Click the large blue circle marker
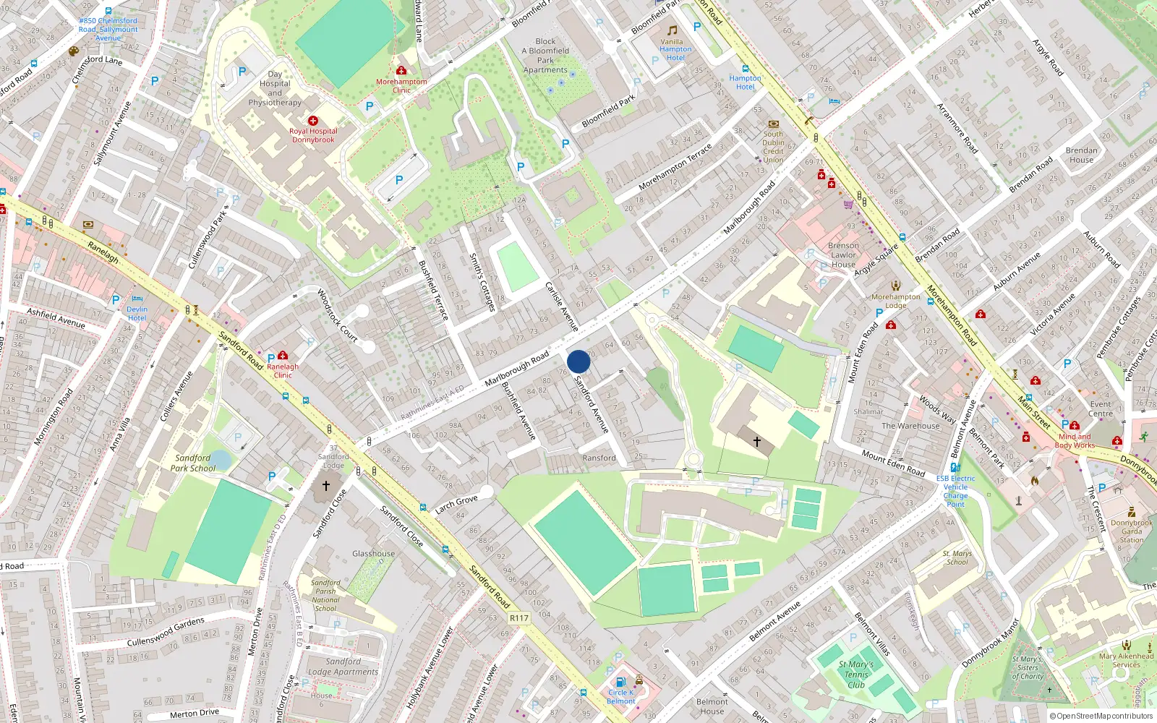click(578, 361)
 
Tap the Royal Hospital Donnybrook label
click(313, 135)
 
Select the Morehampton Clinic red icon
click(401, 70)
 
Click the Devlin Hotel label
click(137, 313)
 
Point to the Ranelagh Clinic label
click(283, 370)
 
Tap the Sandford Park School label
click(192, 463)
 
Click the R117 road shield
click(518, 617)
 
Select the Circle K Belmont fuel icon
click(620, 682)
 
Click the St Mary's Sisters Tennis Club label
click(856, 674)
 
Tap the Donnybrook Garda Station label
click(1132, 531)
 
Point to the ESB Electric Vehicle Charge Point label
click(955, 491)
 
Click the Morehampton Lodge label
click(896, 301)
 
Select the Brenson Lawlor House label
click(843, 254)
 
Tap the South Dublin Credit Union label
click(773, 147)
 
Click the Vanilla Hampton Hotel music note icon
click(673, 30)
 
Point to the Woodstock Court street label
click(338, 315)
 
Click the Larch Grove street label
click(456, 504)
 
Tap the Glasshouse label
click(373, 553)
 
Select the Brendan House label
click(1081, 155)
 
